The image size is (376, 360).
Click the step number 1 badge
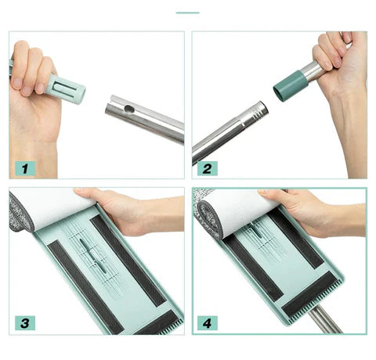[x=25, y=168]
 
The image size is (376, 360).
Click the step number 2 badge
[x=208, y=168]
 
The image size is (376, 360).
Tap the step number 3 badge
[x=25, y=323]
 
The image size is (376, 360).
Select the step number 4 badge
[x=208, y=323]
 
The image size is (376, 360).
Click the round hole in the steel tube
[x=128, y=109]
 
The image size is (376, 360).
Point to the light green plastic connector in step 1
[x=66, y=89]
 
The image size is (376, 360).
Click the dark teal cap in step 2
[x=290, y=86]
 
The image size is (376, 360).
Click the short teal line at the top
[x=187, y=13]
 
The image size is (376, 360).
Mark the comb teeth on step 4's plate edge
[x=315, y=298]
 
